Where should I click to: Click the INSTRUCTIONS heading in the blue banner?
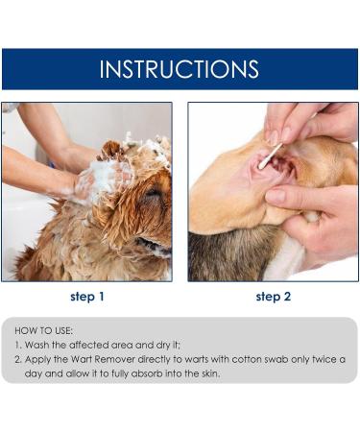pos(180,69)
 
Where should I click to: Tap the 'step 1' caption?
pos(88,297)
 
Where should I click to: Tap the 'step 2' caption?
pos(274,297)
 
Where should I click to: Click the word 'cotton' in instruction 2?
pos(233,358)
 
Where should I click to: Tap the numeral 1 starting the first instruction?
pos(17,344)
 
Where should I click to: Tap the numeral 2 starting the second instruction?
pos(17,358)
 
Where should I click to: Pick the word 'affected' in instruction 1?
pos(87,344)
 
